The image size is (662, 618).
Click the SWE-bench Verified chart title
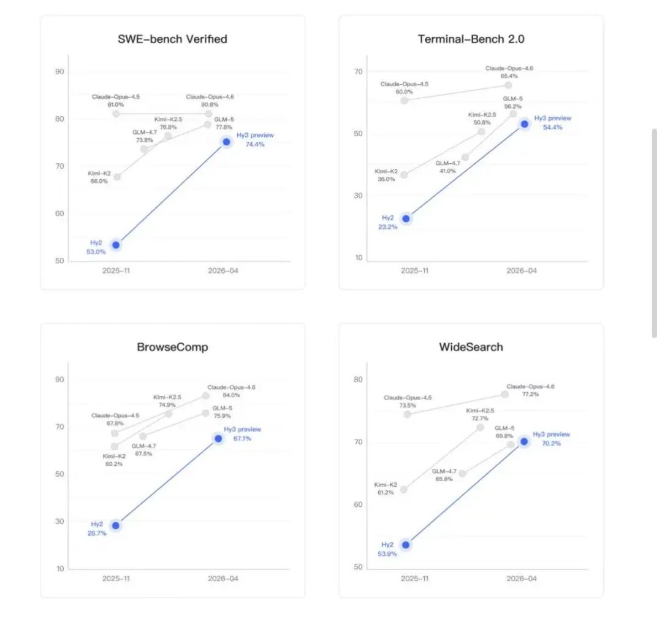click(172, 39)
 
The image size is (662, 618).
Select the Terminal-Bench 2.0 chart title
click(471, 39)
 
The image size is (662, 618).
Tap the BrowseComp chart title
click(172, 347)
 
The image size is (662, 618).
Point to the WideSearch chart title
click(471, 347)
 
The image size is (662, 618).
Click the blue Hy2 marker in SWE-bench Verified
click(116, 245)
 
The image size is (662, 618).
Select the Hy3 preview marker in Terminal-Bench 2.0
click(524, 124)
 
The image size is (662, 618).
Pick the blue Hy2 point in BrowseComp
click(115, 525)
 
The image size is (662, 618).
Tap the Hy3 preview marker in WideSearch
click(524, 441)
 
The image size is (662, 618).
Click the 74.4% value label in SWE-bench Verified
click(255, 144)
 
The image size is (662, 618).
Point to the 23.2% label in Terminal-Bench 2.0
click(387, 227)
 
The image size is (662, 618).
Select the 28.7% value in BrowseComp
click(96, 533)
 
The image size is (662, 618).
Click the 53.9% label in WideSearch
click(387, 554)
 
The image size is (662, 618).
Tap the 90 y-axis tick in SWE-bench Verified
click(59, 71)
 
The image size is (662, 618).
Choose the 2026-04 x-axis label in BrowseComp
click(223, 578)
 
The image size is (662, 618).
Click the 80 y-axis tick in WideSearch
click(358, 379)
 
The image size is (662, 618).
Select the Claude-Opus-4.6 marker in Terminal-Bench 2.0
click(508, 85)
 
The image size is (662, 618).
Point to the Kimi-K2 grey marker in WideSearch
click(404, 489)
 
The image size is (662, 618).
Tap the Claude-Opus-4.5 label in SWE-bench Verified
click(116, 97)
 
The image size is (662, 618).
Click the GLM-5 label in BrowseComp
click(222, 408)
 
